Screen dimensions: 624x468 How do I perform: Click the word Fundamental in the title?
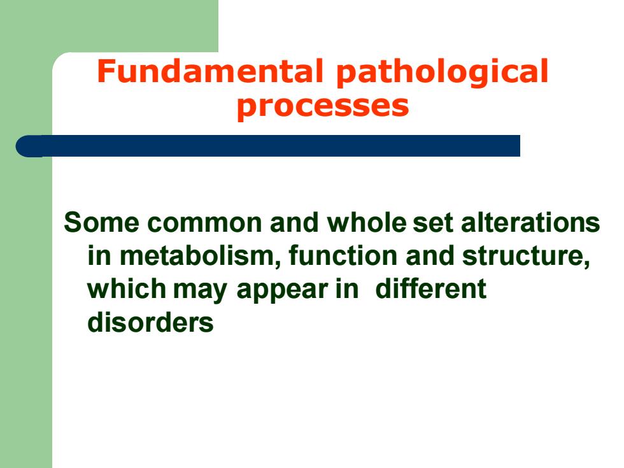[209, 71]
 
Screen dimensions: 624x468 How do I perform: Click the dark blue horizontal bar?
[268, 146]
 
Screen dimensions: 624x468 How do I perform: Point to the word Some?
[101, 222]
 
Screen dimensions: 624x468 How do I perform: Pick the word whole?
[367, 222]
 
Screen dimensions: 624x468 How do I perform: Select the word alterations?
[530, 222]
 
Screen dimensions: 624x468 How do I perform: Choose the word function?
[343, 255]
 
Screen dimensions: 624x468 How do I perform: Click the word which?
[127, 288]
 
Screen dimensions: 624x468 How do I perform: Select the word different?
[430, 288]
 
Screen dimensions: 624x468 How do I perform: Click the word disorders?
[150, 322]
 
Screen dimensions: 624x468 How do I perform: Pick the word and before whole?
[294, 222]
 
